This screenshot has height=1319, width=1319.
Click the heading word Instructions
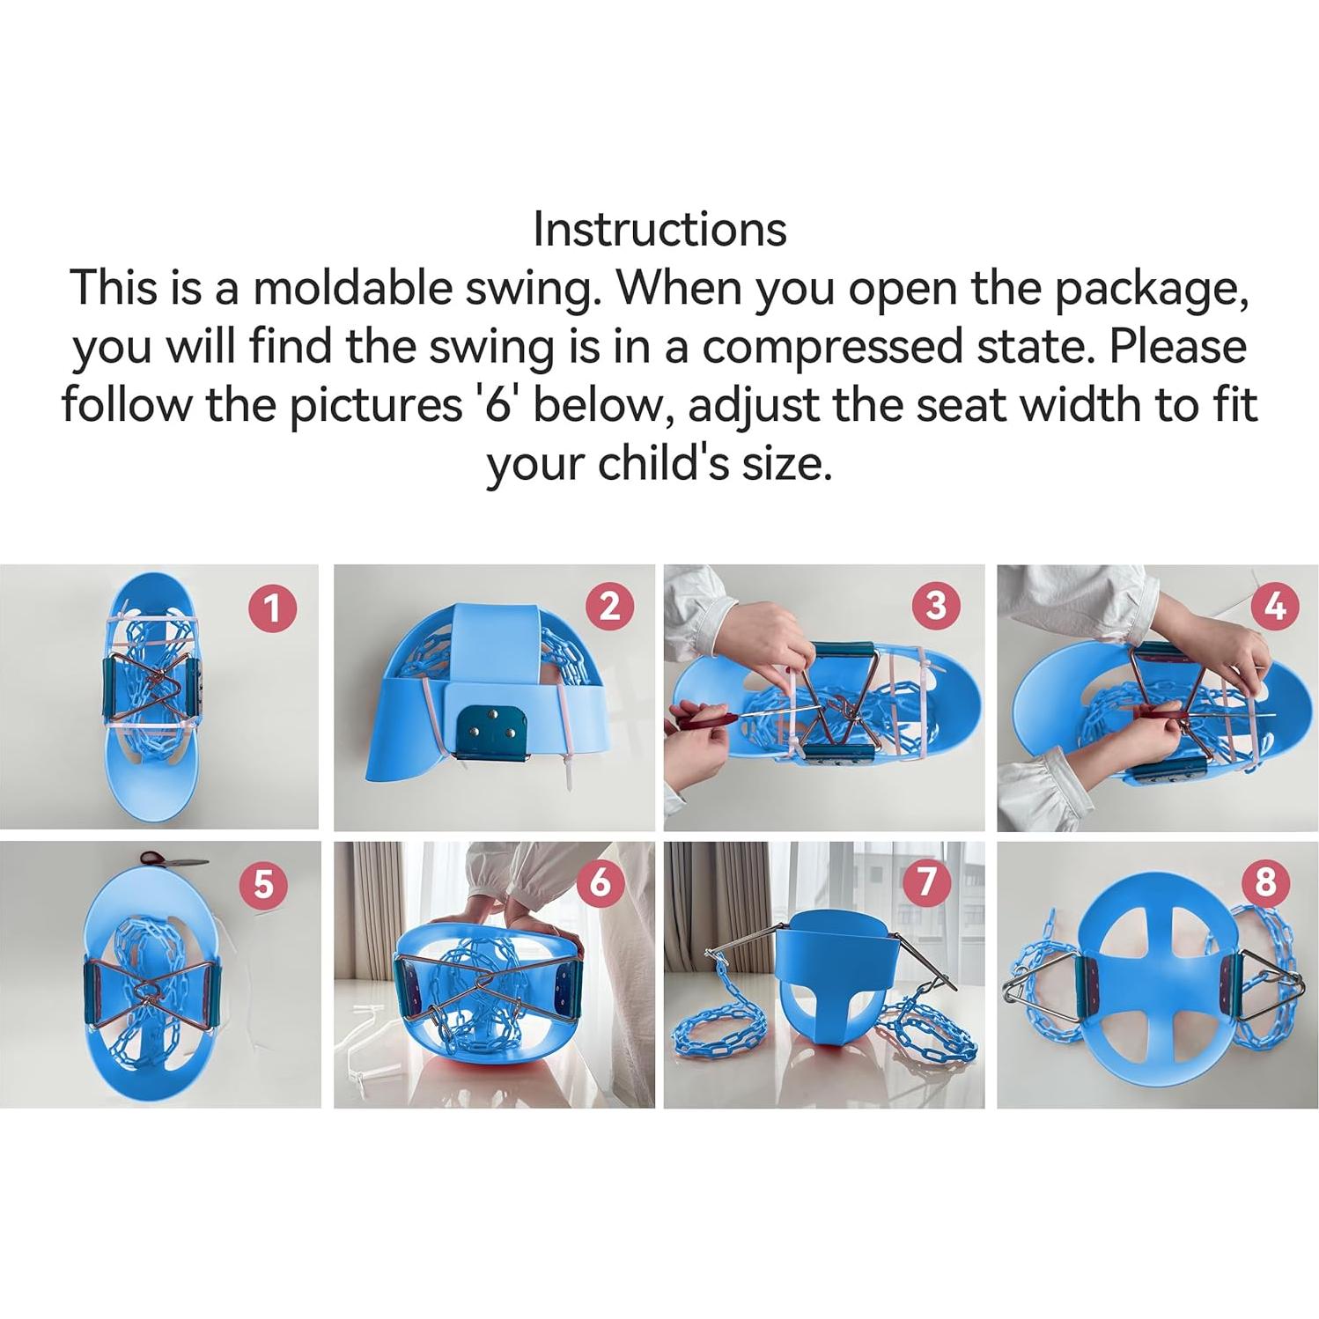pos(659,230)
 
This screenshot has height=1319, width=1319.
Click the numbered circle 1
pos(272,608)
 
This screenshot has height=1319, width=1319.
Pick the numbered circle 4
pos(1273,608)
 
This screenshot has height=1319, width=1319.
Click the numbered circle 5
pos(263,883)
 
